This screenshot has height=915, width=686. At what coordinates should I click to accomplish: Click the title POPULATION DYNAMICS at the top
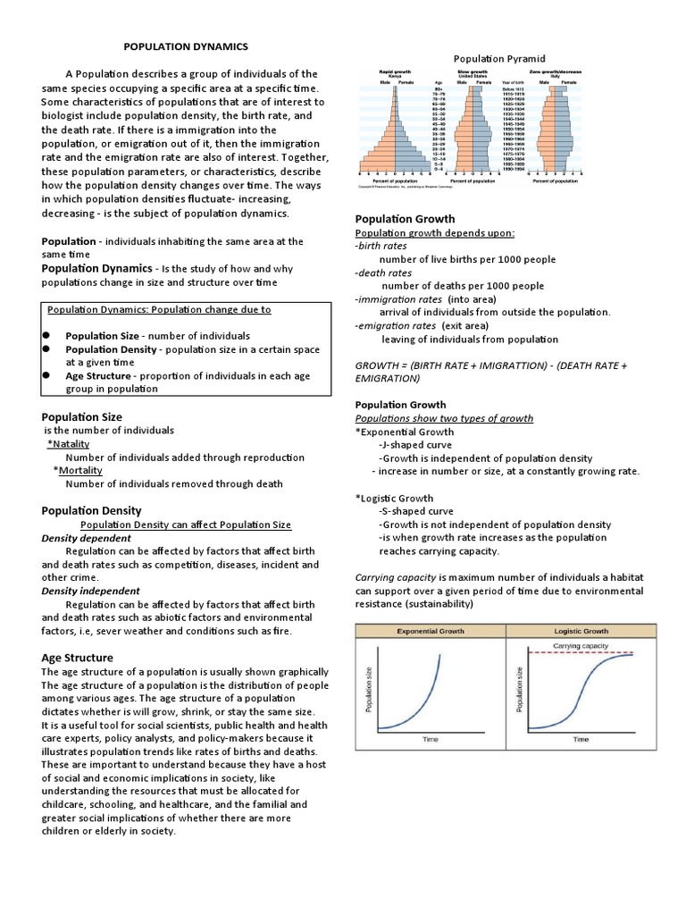tap(185, 46)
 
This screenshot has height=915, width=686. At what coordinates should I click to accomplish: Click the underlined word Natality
tap(70, 444)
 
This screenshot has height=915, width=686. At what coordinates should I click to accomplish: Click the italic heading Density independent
tap(90, 591)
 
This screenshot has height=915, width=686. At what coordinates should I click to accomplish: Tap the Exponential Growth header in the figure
tap(431, 631)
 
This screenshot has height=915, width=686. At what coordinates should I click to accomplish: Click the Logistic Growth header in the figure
tap(581, 631)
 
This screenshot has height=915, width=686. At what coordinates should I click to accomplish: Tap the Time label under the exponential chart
tap(431, 739)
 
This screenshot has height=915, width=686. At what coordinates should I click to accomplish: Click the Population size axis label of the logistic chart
tap(519, 690)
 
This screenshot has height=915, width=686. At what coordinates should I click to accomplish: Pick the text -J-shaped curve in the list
tap(415, 444)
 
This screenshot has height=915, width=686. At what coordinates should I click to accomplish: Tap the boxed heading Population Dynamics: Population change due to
tap(159, 309)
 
